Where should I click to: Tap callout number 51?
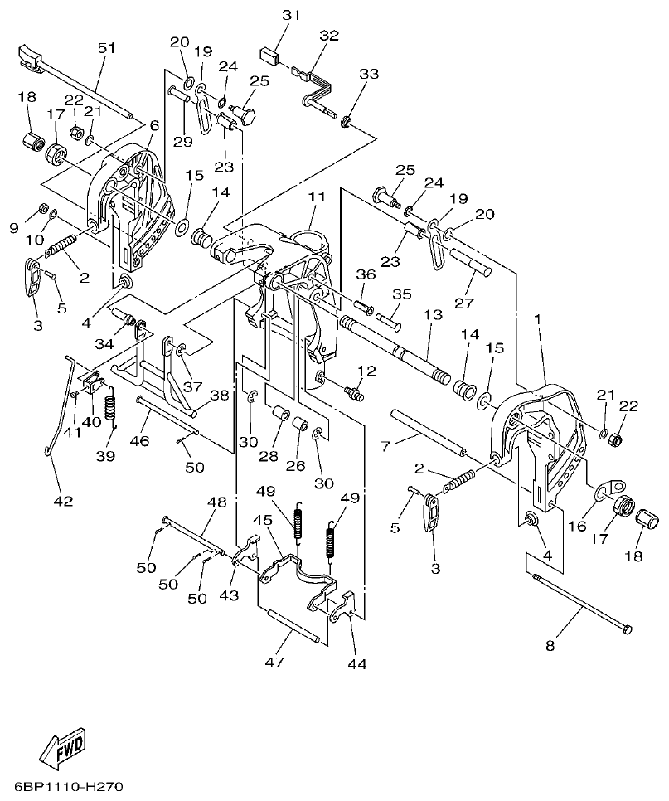(107, 48)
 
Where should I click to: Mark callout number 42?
(63, 501)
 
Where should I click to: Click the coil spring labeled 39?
(115, 410)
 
